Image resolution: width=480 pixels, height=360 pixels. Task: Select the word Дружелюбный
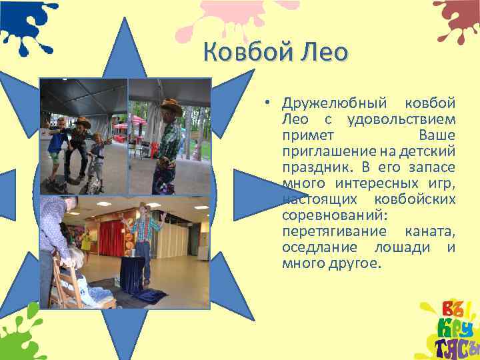tap(334, 104)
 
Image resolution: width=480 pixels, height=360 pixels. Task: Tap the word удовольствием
tap(401, 120)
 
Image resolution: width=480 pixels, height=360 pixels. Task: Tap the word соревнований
tap(331, 216)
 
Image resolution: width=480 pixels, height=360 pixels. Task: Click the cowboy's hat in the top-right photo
tap(171, 105)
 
